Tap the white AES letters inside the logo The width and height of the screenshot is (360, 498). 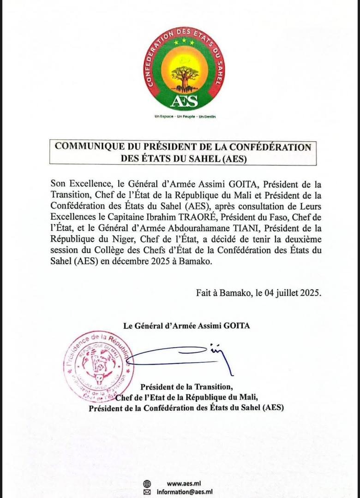point(184,100)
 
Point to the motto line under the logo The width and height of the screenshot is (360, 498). point(185,116)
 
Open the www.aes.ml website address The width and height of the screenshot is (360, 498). point(180,484)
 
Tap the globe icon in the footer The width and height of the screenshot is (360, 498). point(147,484)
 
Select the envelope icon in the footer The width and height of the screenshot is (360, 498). point(147,492)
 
